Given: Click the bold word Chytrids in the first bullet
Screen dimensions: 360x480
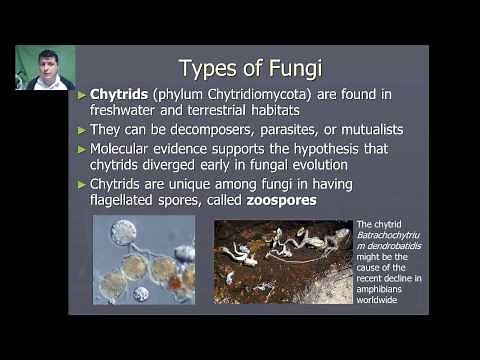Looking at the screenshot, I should coord(118,95).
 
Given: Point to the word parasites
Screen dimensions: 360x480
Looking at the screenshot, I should coord(283,130).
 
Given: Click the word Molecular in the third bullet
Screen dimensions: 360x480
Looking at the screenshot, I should coord(124,148).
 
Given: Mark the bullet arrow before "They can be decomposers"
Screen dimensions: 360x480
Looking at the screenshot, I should coord(82,131).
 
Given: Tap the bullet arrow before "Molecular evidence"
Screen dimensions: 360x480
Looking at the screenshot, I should coord(82,149).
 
